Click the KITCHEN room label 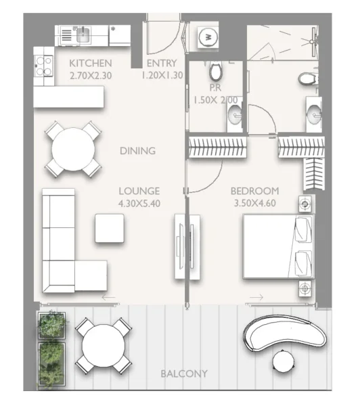point(90,64)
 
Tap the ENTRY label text point(162,64)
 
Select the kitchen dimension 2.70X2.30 point(90,76)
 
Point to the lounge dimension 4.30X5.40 point(139,202)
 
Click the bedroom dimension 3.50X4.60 point(254,202)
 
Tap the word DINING point(137,151)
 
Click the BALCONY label point(183,374)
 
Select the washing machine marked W point(209,37)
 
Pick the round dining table point(73,148)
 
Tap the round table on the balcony point(102,346)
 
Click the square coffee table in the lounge point(109,228)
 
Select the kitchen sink point(83,35)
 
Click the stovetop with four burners point(44,67)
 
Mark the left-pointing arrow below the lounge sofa point(107,297)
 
